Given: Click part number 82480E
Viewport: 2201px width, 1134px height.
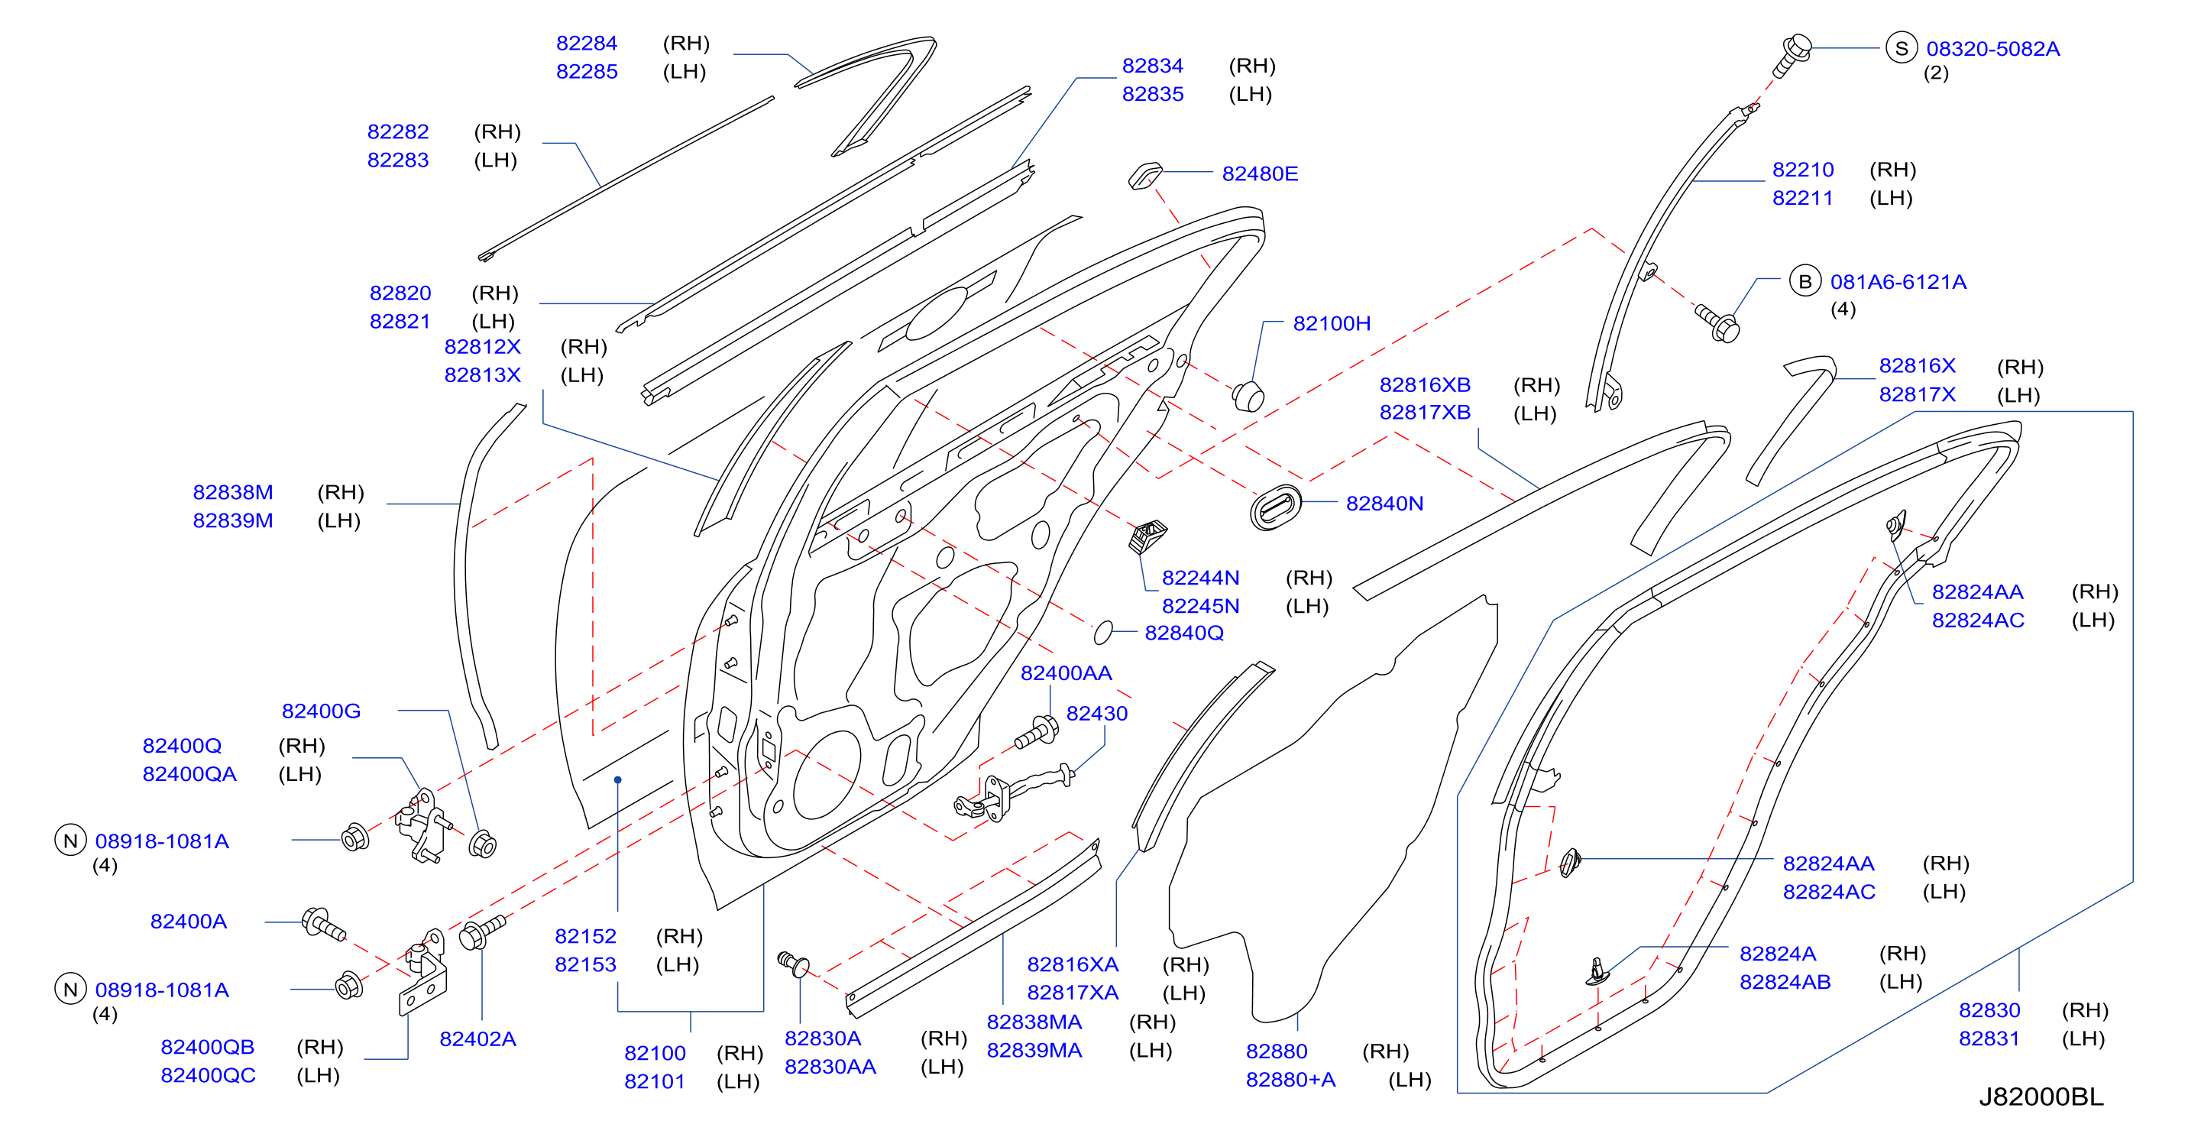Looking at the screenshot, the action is pos(1260,173).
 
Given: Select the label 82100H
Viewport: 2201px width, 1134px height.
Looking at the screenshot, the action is pos(1331,323).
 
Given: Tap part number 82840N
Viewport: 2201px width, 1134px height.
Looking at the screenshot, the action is pos(1384,504).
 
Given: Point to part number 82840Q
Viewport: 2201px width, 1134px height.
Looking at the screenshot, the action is pos(1183,633).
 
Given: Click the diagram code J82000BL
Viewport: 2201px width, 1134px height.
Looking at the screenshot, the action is pos(2041,1097).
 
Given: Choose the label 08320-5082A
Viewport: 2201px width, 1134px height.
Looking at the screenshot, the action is pos(1992,49).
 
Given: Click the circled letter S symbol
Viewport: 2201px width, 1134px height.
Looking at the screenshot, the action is pos(1901,49).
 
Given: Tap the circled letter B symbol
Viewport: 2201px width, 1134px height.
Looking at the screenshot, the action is pos(1804,281).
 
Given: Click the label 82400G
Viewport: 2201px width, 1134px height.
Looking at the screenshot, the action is pos(322,710).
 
